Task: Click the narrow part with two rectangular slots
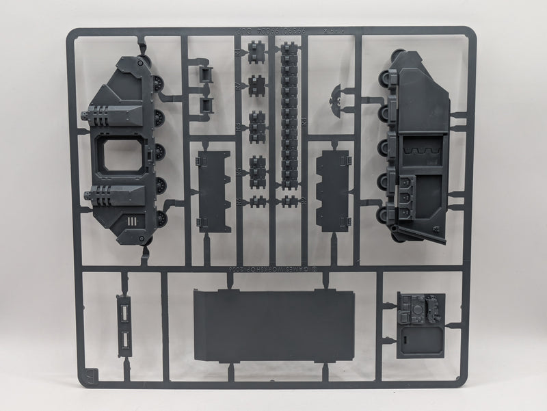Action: [x=124, y=324]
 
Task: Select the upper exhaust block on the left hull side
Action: [x=112, y=117]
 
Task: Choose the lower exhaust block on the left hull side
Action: [x=112, y=198]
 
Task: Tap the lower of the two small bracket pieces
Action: [x=204, y=105]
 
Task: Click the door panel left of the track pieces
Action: [x=213, y=185]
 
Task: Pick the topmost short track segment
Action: [x=257, y=53]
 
